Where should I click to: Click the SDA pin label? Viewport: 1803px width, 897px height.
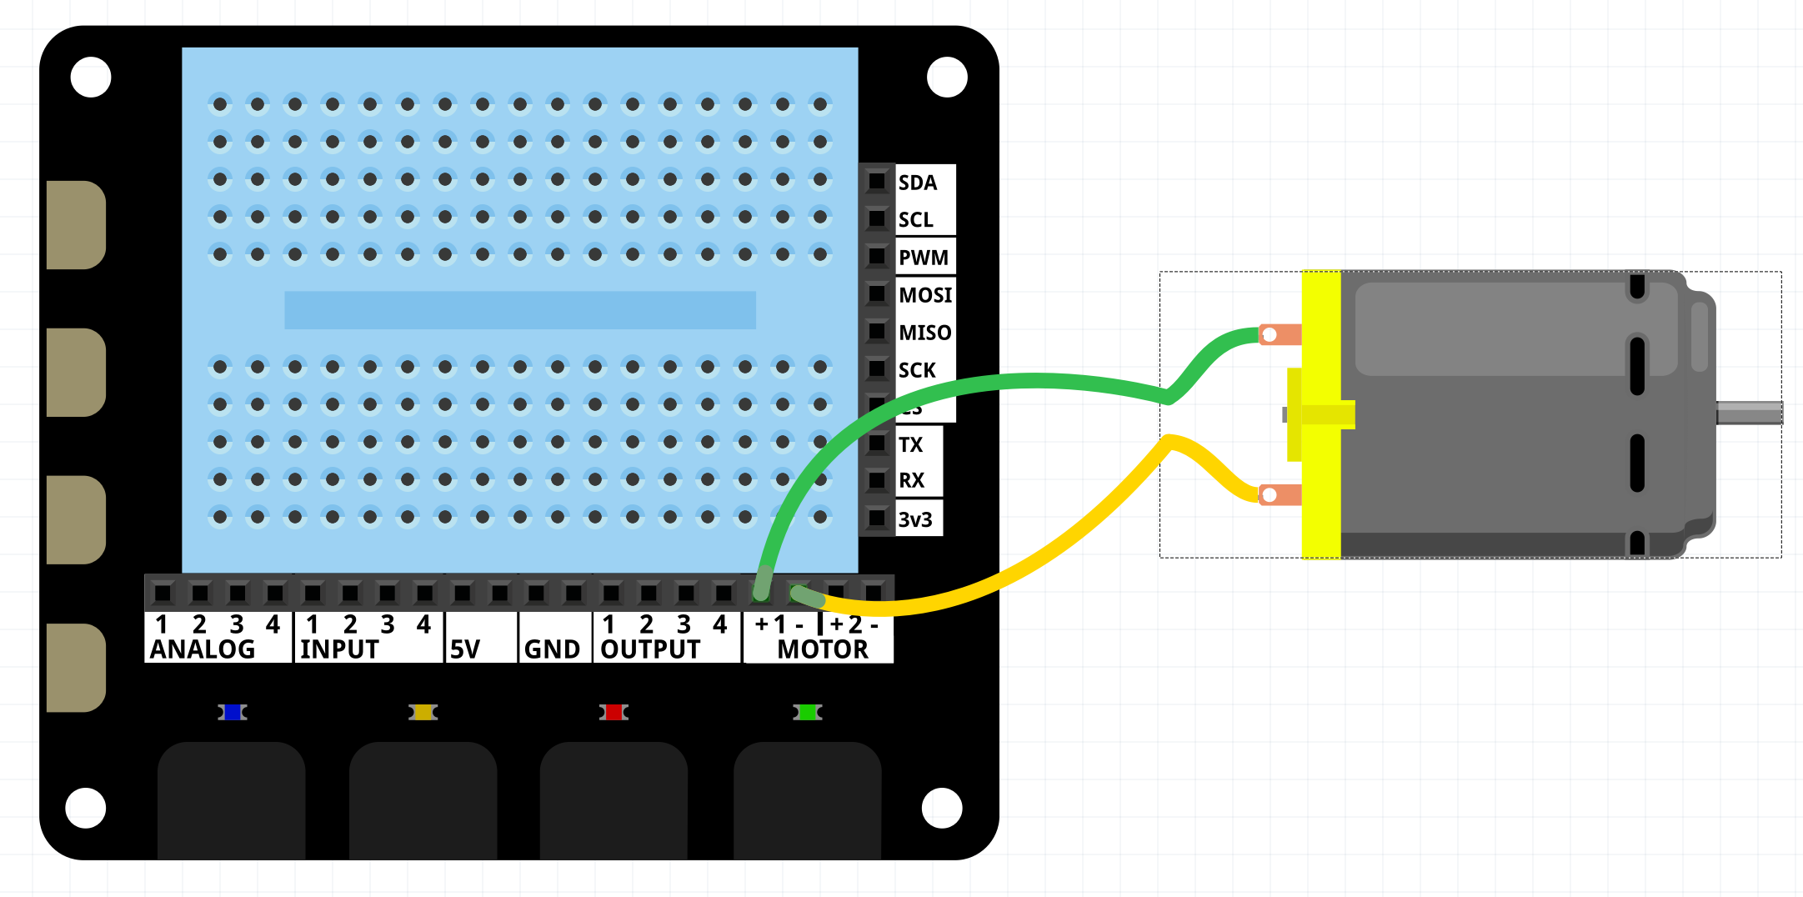coord(917,183)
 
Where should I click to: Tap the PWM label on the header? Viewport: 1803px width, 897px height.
coord(923,258)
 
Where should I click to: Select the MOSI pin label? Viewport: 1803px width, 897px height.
coord(924,295)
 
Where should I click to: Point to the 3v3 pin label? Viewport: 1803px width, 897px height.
coord(914,520)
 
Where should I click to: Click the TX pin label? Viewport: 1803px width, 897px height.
coord(910,445)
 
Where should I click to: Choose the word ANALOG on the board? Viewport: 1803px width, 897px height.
coord(203,649)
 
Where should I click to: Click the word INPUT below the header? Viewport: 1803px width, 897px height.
coord(339,649)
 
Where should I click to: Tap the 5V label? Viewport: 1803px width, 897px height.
coord(465,649)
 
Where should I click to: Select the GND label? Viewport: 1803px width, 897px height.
coord(552,649)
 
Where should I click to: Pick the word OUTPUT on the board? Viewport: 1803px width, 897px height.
coord(650,649)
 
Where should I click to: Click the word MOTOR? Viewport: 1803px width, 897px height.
coord(823,649)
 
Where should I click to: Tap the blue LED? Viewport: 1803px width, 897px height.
coord(233,712)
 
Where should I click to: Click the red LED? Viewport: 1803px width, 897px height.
coord(614,712)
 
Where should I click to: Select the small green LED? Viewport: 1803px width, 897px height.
coord(807,712)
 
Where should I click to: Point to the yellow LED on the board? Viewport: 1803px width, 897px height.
coord(423,712)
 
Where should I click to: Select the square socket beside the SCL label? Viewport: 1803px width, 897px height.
coord(876,219)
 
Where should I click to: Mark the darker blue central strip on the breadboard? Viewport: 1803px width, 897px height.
coord(519,310)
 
